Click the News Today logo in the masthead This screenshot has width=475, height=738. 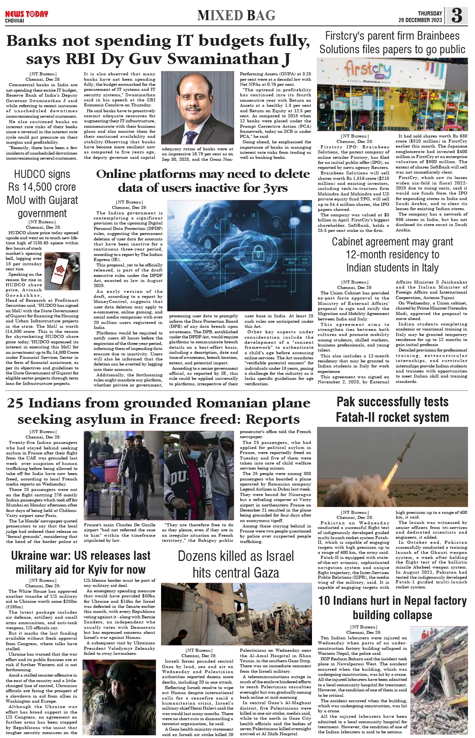point(26,14)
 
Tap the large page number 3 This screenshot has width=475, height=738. point(457,16)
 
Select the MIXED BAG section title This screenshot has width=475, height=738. point(236,16)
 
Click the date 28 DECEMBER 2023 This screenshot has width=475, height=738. point(420,20)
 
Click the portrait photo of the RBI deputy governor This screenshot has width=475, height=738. point(197,108)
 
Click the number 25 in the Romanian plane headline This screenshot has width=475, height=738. point(15,403)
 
